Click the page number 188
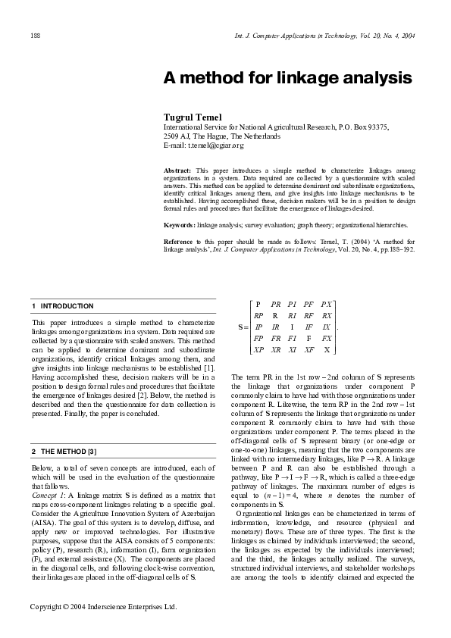tap(35, 35)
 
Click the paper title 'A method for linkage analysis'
tap(288, 78)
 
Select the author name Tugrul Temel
tap(193, 117)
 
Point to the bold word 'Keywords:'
tap(180, 225)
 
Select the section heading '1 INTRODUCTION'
tap(63, 306)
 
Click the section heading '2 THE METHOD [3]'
tap(64, 430)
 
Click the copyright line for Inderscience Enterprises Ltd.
tap(102, 607)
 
